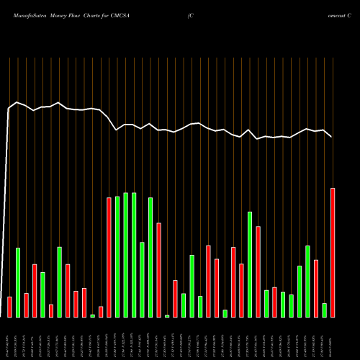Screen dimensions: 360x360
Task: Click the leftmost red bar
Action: pyautogui.click(x=9, y=307)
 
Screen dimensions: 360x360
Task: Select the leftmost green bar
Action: pyautogui.click(x=18, y=282)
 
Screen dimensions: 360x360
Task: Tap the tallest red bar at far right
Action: pyautogui.click(x=333, y=252)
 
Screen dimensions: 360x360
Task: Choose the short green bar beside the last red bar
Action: pyautogui.click(x=324, y=310)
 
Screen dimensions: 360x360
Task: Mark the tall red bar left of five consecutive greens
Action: pyautogui.click(x=109, y=257)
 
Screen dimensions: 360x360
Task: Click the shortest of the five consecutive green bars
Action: pyautogui.click(x=142, y=279)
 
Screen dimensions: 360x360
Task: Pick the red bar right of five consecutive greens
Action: pyautogui.click(x=158, y=270)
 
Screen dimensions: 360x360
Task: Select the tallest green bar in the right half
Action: pyautogui.click(x=250, y=264)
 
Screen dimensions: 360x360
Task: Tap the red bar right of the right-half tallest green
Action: pyautogui.click(x=258, y=271)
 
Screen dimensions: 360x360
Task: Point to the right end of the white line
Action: pyautogui.click(x=332, y=137)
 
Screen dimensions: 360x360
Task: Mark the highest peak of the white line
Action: pyautogui.click(x=17, y=102)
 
